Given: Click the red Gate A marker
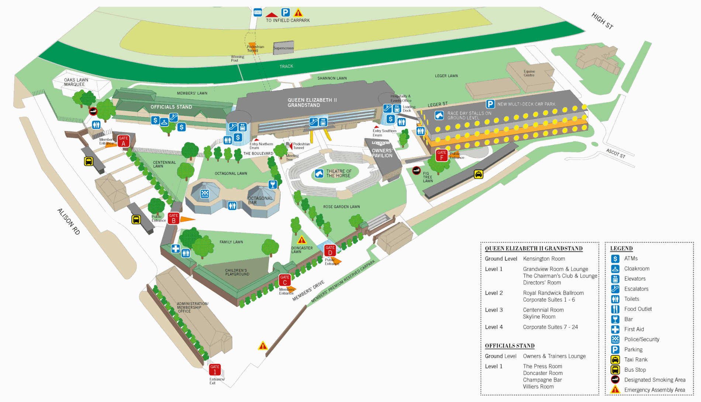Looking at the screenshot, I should tap(124, 141).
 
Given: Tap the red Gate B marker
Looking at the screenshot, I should tap(173, 218).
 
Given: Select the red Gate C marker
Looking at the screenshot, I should tap(284, 280).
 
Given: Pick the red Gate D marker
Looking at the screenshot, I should tap(330, 251).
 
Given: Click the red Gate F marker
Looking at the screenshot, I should tap(442, 155).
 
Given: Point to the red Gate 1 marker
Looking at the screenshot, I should tap(215, 370).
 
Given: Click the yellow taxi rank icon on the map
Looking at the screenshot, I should tap(479, 174).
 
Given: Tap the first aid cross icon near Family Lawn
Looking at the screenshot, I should tap(176, 248).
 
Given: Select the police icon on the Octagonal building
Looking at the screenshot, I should tap(205, 194).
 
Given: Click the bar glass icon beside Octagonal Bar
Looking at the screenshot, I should tap(273, 184).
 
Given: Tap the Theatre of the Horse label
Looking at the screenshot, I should tap(338, 173).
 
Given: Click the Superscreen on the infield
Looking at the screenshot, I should tap(283, 48).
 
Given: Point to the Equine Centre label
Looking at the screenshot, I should tap(529, 73).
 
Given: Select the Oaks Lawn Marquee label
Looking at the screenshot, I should tap(76, 82).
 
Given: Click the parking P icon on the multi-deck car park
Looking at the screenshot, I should tap(490, 104).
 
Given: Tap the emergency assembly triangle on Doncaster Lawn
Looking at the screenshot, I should tap(302, 240).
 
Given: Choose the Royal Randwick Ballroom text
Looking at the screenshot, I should tap(553, 293).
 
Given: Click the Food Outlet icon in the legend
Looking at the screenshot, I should tap(615, 309).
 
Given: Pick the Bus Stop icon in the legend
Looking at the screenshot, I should tap(615, 370).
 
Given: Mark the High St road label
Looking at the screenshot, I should tap(602, 21).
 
